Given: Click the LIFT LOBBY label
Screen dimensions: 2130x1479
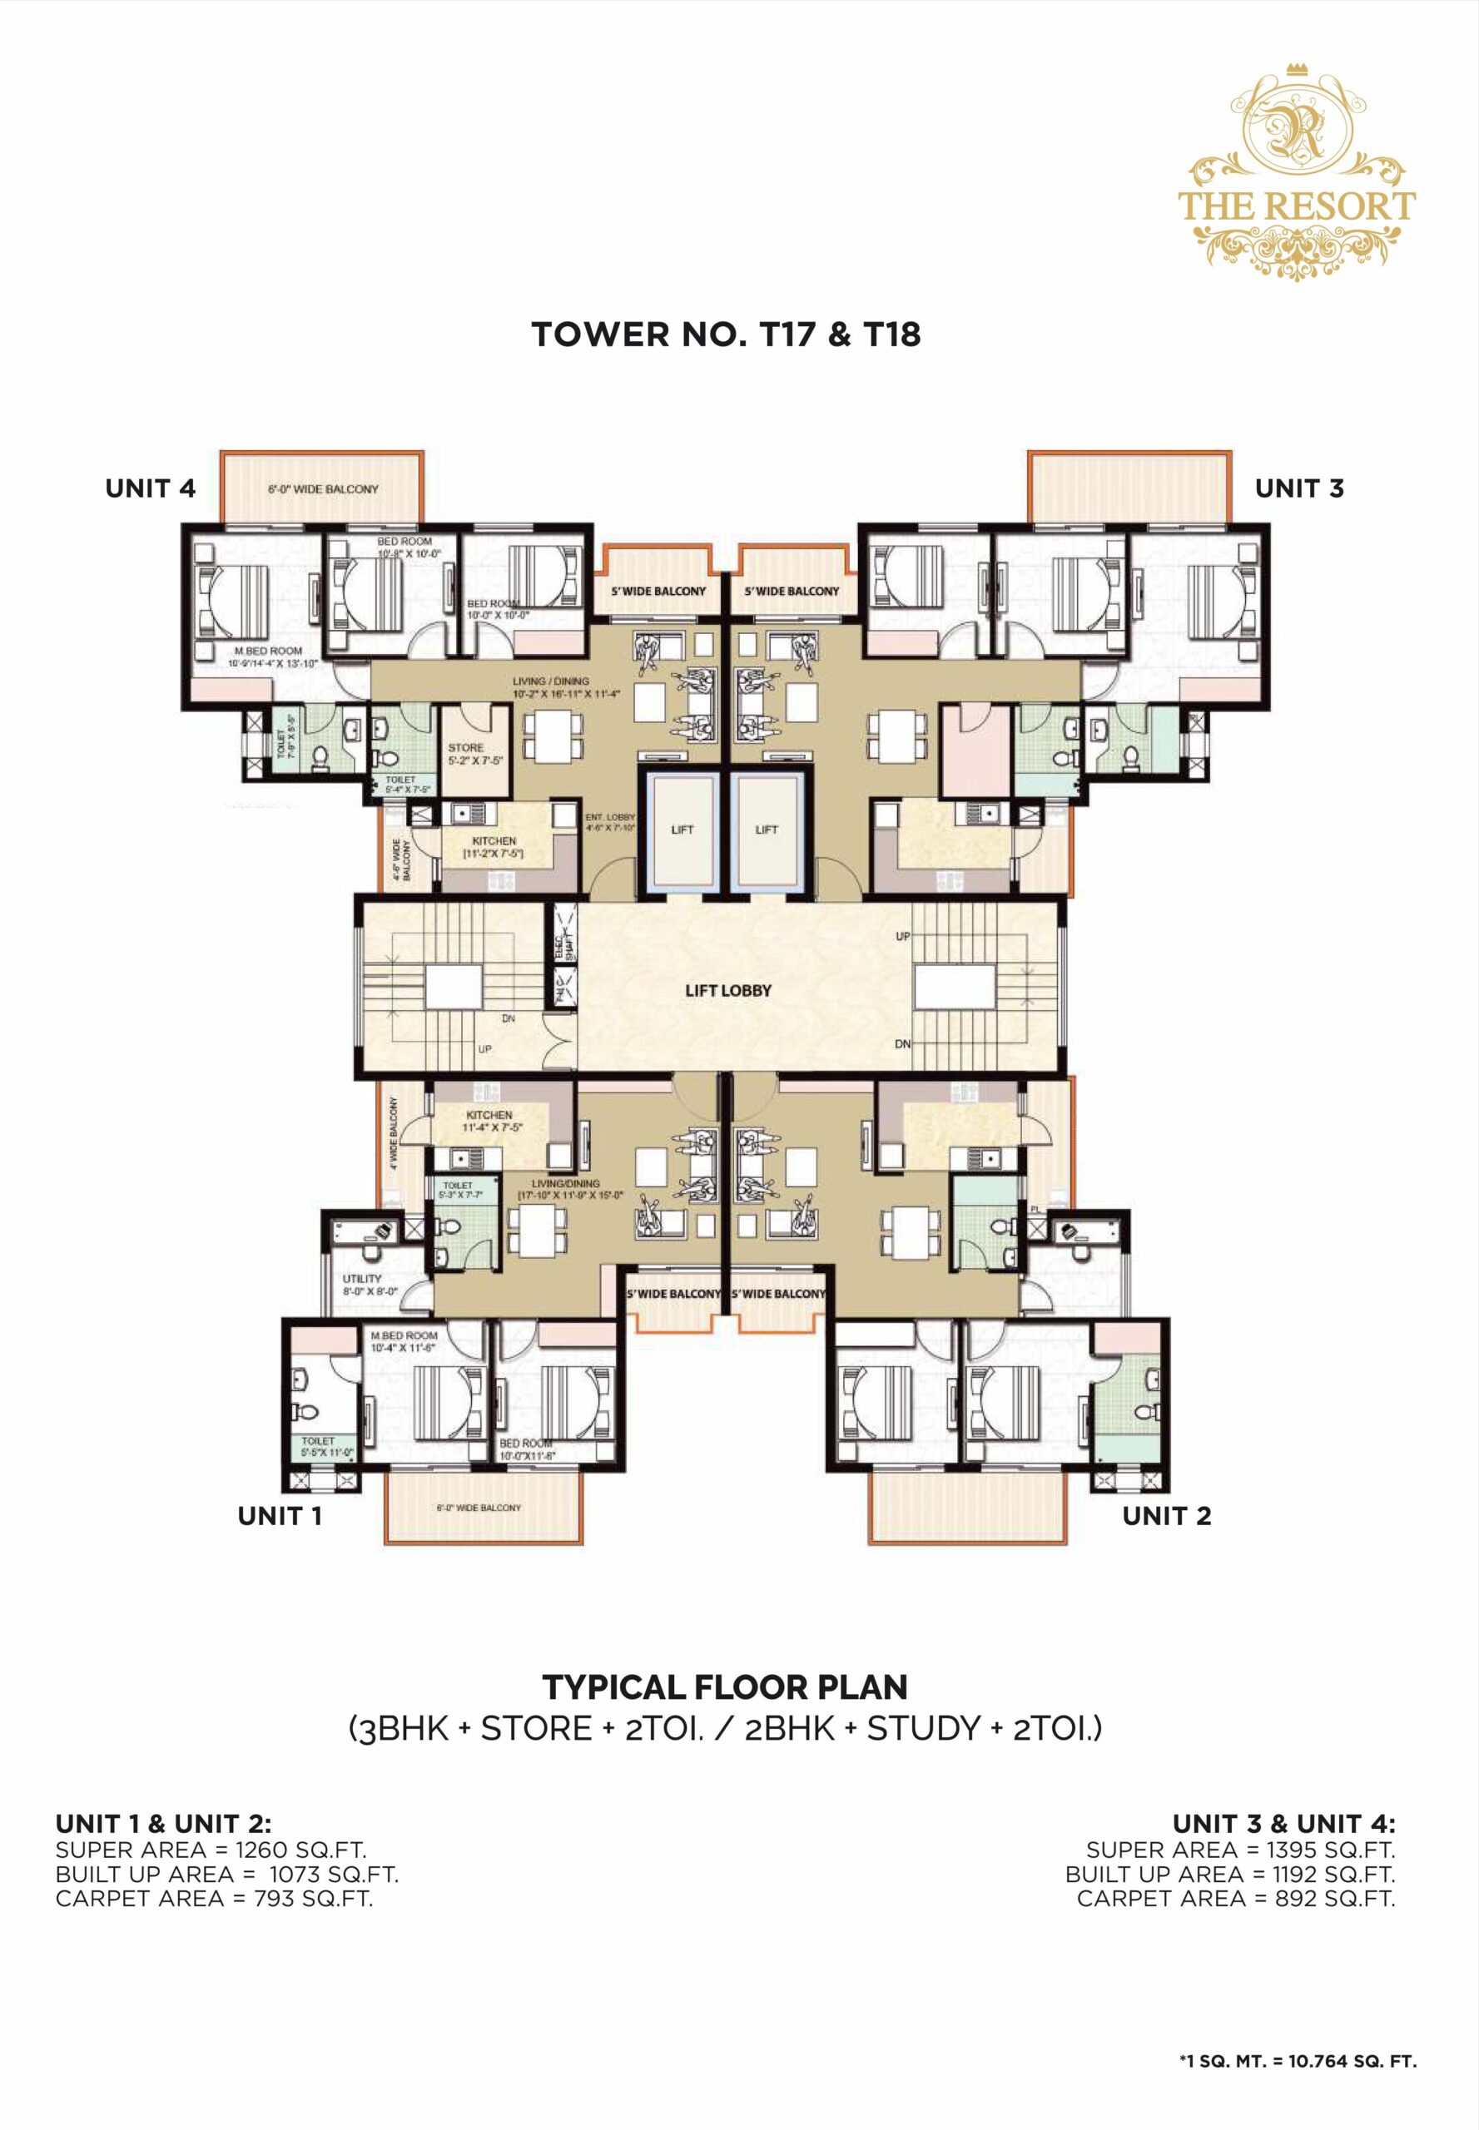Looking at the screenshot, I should pos(727,989).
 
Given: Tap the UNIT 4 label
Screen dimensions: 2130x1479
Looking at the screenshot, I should pos(150,488).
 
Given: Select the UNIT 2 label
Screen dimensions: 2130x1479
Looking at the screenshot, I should pos(1166,1516).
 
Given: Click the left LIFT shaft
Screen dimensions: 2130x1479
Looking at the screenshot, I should pos(682,830).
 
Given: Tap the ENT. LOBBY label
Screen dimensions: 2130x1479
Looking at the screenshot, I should pos(610,822).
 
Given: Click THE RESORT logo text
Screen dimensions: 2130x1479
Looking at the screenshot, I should pos(1296,206).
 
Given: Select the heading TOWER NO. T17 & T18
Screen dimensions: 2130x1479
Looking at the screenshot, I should pos(726,334).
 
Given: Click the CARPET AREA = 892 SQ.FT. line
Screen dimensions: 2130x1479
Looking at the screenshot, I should pos(1235,1900).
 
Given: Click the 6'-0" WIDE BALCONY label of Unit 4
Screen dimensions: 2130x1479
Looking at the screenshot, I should pos(324,489).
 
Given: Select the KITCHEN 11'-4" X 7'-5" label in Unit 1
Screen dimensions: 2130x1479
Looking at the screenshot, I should pos(492,1121).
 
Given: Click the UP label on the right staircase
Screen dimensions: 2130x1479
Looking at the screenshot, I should pos(901,937).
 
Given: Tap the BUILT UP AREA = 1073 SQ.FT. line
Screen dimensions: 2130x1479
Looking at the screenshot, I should pos(226,1875).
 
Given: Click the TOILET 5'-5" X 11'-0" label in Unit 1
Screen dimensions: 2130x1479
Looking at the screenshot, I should pos(320,1446).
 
